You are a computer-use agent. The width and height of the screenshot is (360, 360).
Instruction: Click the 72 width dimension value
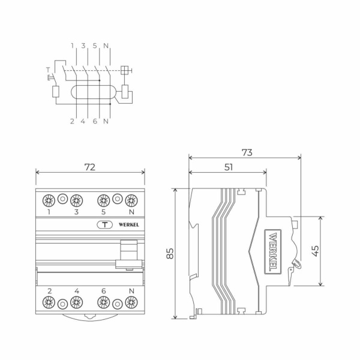89,167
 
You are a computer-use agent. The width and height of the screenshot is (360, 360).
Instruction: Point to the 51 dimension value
229,167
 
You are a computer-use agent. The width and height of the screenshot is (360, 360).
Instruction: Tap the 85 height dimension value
170,254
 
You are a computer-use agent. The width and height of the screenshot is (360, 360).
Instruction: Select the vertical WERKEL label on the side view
272,252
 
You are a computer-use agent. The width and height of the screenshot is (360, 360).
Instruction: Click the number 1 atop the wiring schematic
72,46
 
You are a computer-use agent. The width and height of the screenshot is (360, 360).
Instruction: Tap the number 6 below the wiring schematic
95,121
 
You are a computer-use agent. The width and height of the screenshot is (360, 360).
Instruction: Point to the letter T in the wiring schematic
47,70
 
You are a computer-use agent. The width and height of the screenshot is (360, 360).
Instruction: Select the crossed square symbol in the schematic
125,70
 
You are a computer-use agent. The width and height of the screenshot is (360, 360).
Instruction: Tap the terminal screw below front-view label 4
76,303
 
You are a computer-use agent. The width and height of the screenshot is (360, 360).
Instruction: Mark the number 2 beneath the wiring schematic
72,121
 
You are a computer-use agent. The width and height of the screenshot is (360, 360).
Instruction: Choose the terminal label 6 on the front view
103,291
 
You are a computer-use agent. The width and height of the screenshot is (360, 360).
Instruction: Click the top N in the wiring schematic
106,46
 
